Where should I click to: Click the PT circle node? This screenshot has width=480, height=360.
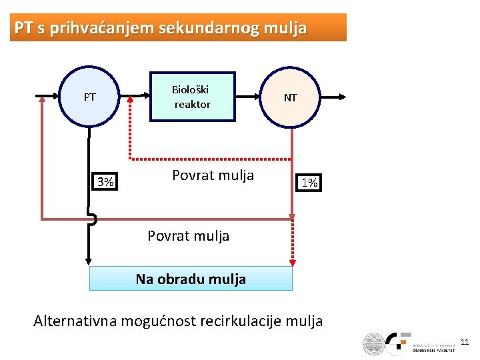coord(90,97)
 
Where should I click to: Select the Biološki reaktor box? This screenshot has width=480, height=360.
coord(192,97)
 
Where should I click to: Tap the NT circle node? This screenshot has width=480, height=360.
coord(291,97)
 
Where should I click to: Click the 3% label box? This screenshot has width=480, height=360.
coord(105,181)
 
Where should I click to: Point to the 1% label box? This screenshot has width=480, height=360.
coord(309,182)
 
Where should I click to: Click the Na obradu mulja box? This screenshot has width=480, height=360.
coord(191,279)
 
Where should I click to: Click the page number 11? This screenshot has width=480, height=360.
coord(465,342)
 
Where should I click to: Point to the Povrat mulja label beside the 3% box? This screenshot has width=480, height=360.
coord(213,175)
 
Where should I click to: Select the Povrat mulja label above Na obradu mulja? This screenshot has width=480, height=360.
coord(188,235)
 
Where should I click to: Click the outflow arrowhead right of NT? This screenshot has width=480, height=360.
coord(343,97)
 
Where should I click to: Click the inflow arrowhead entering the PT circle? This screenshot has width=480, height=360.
coord(57,97)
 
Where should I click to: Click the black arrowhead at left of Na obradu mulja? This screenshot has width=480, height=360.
coord(87,262)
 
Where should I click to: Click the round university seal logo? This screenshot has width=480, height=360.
coord(374,344)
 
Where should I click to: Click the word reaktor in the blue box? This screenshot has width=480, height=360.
coord(192,104)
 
